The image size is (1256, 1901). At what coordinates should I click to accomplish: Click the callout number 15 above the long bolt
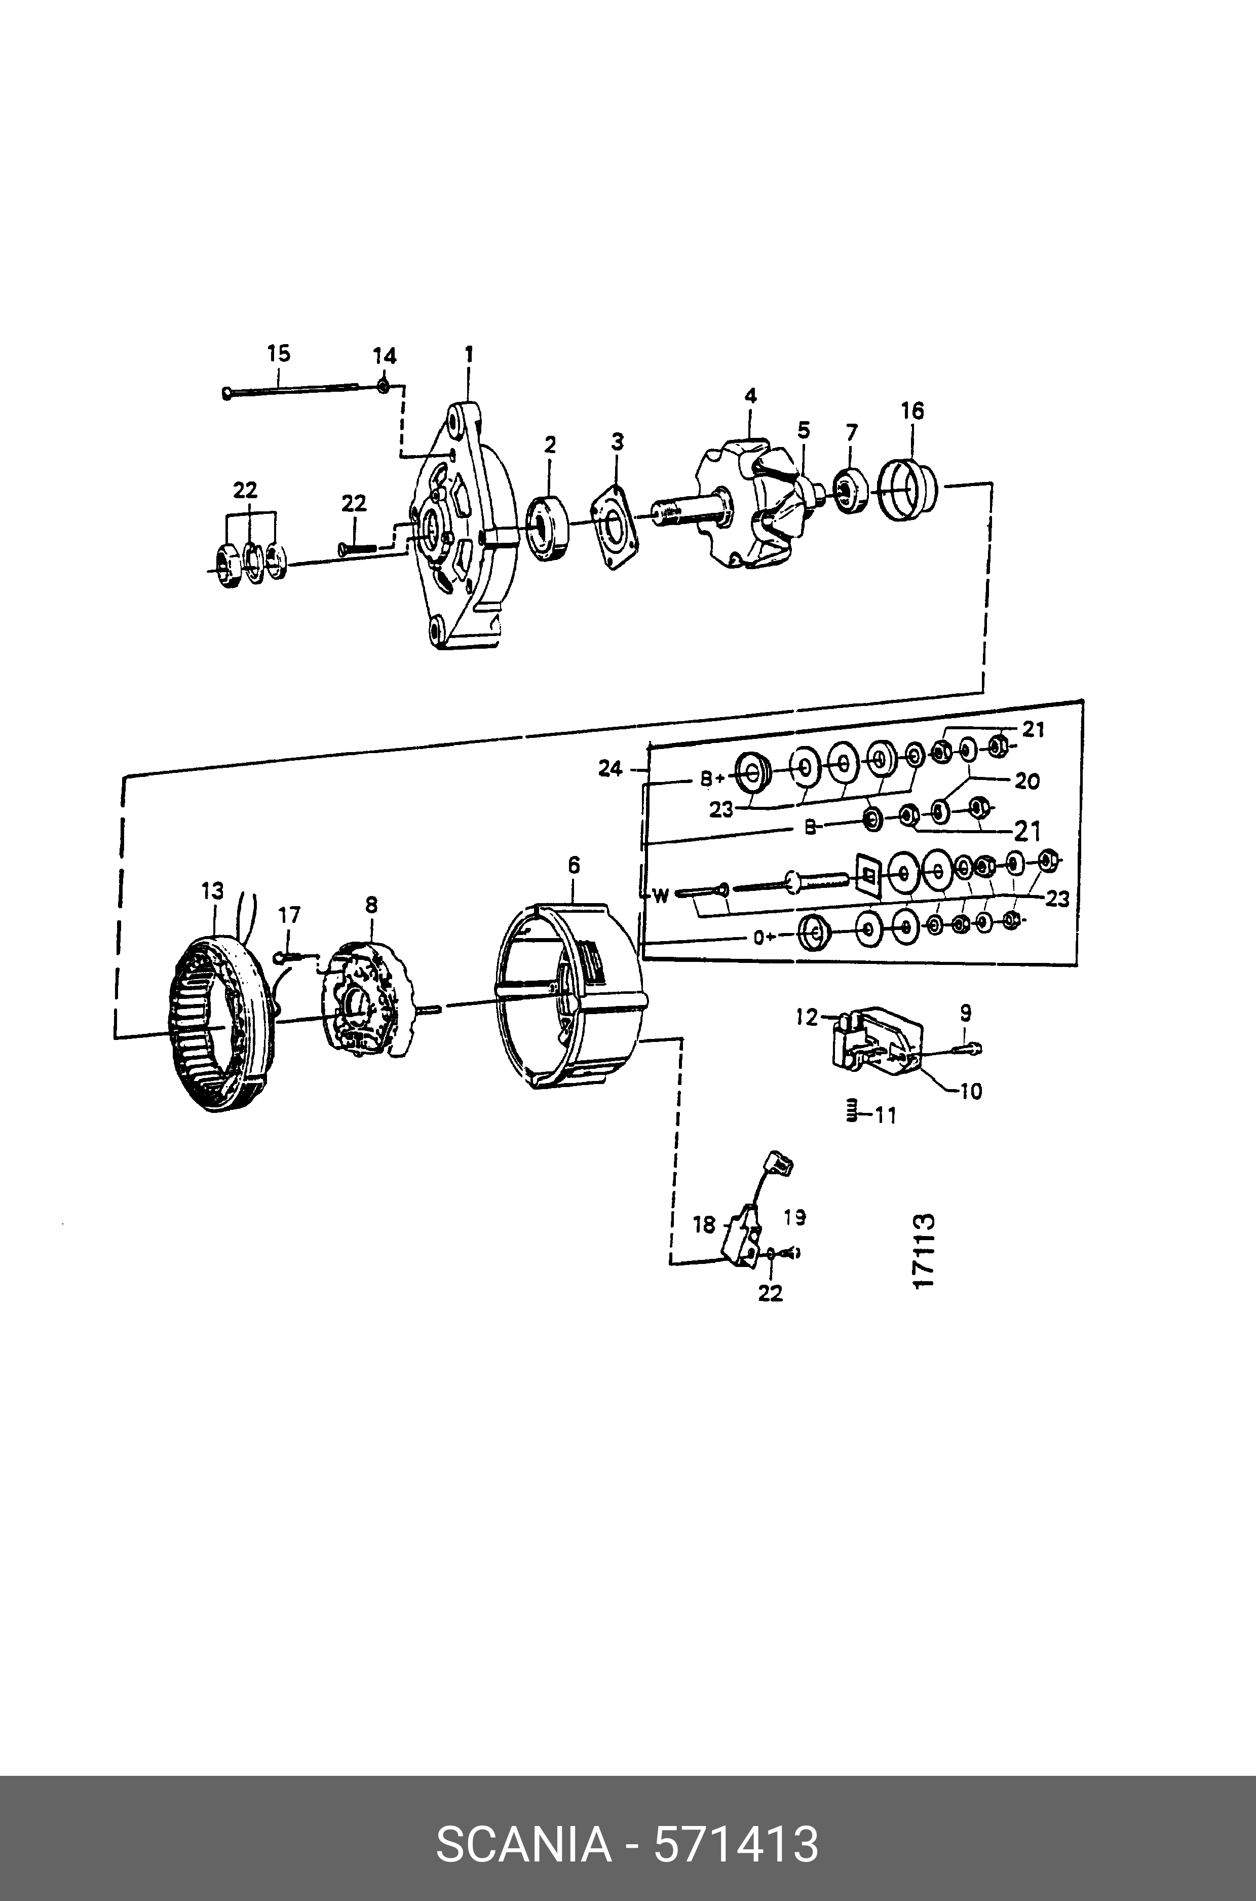coord(279,353)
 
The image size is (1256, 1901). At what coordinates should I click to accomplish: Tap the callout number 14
coord(385,356)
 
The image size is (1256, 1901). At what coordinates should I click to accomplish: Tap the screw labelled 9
coord(968,1046)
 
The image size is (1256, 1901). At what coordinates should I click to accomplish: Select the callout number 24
coord(611,768)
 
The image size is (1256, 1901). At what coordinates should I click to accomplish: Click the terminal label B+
coord(713,778)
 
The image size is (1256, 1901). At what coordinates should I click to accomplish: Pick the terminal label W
coord(660,896)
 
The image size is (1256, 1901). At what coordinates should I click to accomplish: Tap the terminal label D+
coord(765,937)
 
